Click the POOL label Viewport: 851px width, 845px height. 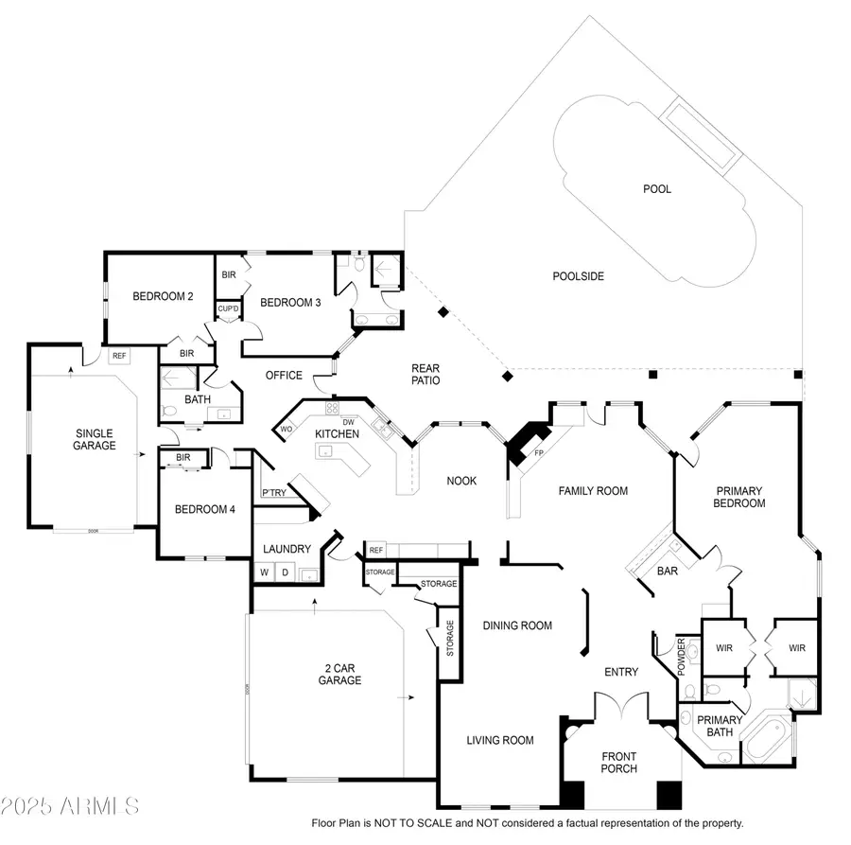[x=656, y=189]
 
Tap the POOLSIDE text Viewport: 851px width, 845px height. [x=578, y=276]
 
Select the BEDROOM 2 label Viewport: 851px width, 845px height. [x=163, y=296]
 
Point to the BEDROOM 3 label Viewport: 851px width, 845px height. [x=290, y=303]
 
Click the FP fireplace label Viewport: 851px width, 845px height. [x=539, y=453]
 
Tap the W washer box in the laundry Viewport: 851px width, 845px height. [x=264, y=572]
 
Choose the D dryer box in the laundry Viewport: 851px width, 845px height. [x=284, y=572]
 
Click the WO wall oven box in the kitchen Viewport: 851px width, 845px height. [x=286, y=429]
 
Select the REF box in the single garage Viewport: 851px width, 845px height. [x=119, y=356]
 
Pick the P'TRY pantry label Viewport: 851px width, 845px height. [x=274, y=493]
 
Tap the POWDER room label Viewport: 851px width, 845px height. [x=681, y=657]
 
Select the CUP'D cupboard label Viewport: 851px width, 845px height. [x=228, y=308]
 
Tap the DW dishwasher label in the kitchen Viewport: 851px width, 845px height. [x=348, y=422]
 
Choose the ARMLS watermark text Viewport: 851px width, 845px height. [x=71, y=807]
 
